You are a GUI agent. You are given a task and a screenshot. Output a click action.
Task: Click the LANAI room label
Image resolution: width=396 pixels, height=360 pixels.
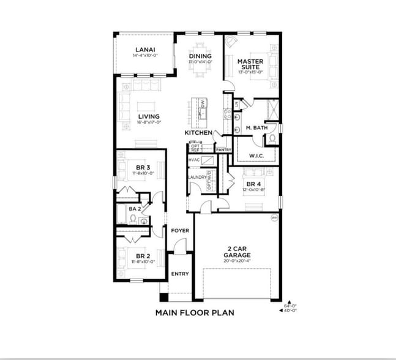[145, 50]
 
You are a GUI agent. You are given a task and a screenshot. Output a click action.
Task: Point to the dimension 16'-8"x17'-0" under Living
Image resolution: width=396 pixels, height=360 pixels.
[149, 122]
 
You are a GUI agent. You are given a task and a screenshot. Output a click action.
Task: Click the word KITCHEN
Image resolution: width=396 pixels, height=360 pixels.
[198, 133]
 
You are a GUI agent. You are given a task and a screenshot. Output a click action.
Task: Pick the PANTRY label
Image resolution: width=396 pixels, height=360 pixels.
[223, 149]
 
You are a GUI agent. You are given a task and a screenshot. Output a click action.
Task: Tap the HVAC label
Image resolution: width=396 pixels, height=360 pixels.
[194, 159]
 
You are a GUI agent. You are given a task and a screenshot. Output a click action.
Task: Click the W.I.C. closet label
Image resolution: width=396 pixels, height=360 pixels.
[256, 156]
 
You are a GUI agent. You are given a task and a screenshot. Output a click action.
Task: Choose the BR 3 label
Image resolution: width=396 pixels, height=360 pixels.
[143, 167]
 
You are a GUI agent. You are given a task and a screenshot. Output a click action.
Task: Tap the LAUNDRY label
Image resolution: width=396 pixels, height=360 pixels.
[196, 178]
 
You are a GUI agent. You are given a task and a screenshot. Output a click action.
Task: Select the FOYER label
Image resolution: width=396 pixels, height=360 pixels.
[179, 231]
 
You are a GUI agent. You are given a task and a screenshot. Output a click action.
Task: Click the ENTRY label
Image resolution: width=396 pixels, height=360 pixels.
[179, 274]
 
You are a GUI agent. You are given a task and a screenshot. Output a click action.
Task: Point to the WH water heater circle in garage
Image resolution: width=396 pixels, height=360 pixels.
[274, 217]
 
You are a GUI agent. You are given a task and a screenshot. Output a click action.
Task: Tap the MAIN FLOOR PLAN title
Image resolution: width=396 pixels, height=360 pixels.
[194, 312]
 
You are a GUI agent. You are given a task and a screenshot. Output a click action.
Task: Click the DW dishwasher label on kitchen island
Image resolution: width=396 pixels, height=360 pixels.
[202, 103]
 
